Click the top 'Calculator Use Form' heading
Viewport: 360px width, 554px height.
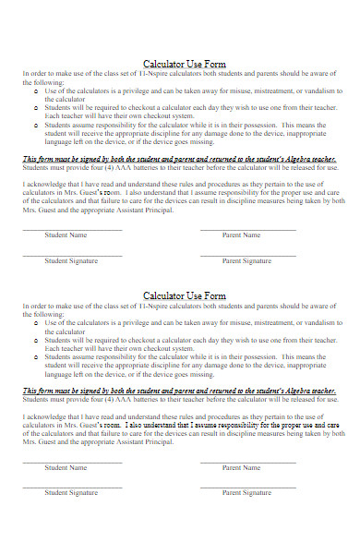185,65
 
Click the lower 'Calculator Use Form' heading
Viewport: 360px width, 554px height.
185,295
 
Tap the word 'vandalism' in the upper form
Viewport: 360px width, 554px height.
316,91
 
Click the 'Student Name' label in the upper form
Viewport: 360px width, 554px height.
71,235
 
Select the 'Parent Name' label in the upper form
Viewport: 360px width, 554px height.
244,235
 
